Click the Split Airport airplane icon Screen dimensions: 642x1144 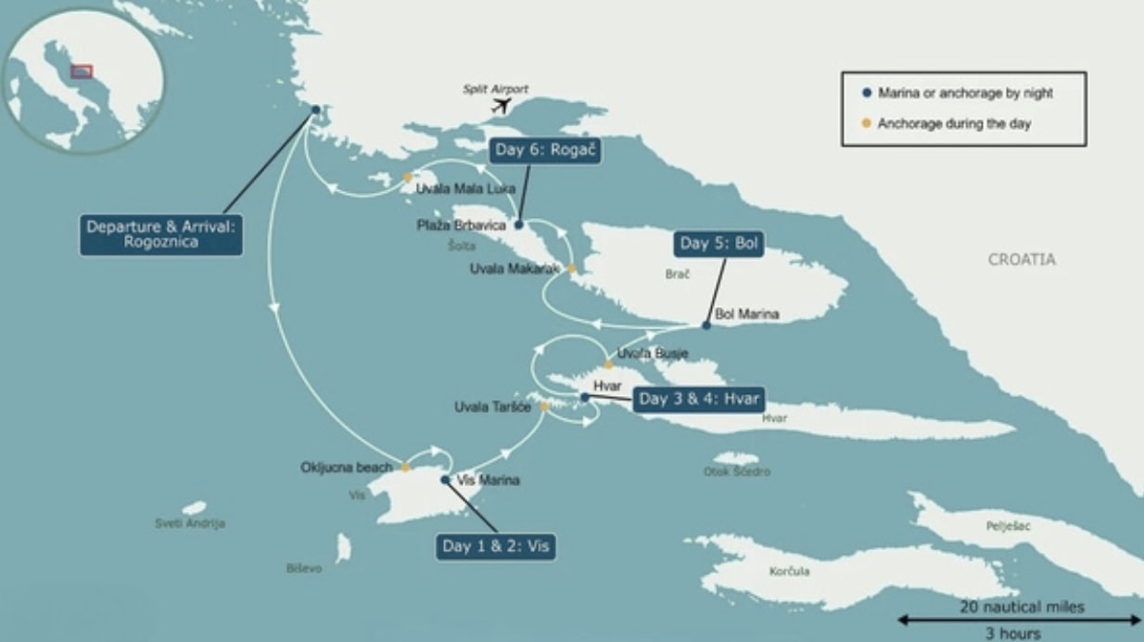[502, 105]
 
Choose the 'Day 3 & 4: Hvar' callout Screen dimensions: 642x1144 [699, 400]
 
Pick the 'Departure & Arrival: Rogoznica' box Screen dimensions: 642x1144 [161, 236]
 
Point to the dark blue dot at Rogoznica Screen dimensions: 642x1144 [315, 109]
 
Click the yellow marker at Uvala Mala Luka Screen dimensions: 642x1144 [407, 176]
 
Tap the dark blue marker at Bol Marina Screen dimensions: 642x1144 [706, 326]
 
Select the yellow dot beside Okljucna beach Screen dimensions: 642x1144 [405, 467]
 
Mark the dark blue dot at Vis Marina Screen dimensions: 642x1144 [445, 480]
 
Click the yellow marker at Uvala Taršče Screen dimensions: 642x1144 [544, 406]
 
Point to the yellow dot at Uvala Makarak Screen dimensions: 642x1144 [572, 268]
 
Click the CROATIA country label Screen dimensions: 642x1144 [1021, 260]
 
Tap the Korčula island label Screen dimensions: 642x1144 [789, 571]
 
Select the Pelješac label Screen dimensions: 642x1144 [1009, 526]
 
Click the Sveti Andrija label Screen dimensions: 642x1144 [189, 524]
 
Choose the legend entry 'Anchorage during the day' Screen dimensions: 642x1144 [954, 123]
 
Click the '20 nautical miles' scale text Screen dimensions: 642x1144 [1021, 607]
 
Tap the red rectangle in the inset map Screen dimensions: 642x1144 [83, 71]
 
